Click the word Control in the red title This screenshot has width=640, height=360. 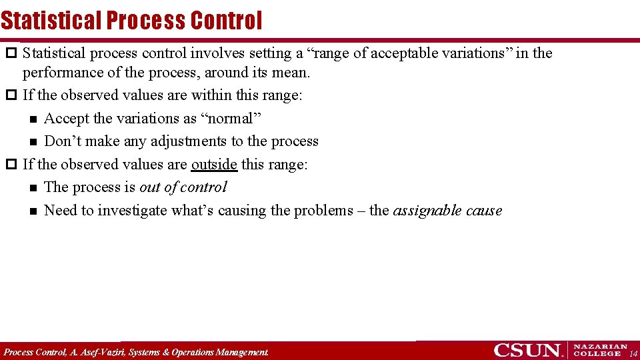coord(226,21)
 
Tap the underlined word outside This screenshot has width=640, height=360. coord(214,164)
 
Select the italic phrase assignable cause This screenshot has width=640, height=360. coord(447,211)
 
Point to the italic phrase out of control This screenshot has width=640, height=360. coord(183,187)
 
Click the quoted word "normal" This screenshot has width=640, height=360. coord(231,119)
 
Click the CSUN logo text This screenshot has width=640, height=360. coord(527,350)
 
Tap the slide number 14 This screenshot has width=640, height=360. coord(633,353)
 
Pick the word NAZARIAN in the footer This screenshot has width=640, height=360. coord(601,347)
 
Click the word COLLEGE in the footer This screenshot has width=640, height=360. coord(598,354)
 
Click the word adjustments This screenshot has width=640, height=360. coord(189,141)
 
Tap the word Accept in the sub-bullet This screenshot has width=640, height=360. coord(66,119)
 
